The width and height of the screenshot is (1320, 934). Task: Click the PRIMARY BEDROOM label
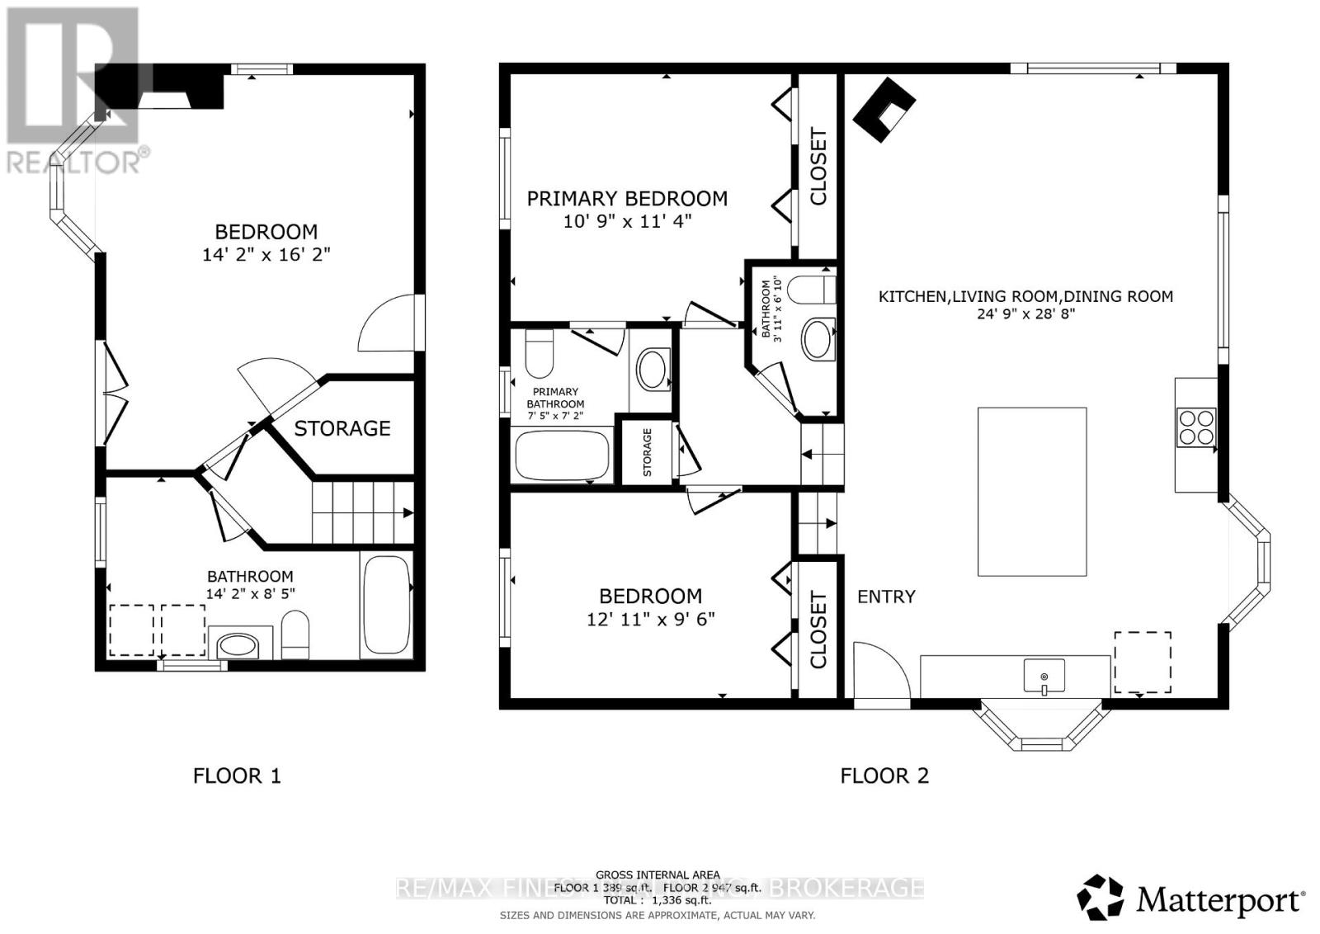[627, 198]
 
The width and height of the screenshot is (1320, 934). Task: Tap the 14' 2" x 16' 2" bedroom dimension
[266, 254]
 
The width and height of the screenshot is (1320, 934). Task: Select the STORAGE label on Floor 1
[342, 428]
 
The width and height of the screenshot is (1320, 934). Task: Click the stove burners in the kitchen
[1196, 427]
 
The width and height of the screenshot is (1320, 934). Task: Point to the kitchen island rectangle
[1031, 491]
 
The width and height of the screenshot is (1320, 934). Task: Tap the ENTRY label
[886, 597]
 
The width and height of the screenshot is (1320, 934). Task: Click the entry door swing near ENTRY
[879, 672]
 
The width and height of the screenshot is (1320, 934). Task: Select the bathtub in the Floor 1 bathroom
[385, 606]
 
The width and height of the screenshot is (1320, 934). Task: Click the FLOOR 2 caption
[884, 776]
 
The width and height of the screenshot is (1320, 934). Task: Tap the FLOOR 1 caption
[237, 776]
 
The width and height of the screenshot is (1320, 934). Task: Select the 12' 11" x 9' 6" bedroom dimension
[650, 619]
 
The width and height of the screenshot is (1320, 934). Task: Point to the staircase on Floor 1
[361, 512]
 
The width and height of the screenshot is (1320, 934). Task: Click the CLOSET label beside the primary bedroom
[818, 166]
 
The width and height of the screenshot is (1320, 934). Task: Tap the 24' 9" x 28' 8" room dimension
[1025, 314]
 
